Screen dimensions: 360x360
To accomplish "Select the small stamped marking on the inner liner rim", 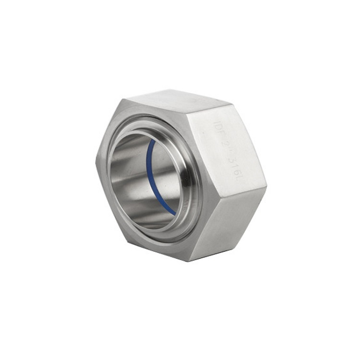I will [x=185, y=204].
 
